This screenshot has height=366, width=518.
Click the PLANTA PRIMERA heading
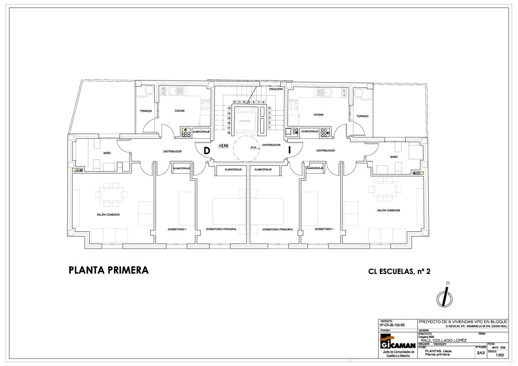coord(108,270)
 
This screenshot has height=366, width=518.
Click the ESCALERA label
coord(276,90)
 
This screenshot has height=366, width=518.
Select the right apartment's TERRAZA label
coord(362,116)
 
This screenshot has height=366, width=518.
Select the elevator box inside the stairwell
coord(246,121)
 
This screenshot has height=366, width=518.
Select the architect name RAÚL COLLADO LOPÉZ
coord(443,340)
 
